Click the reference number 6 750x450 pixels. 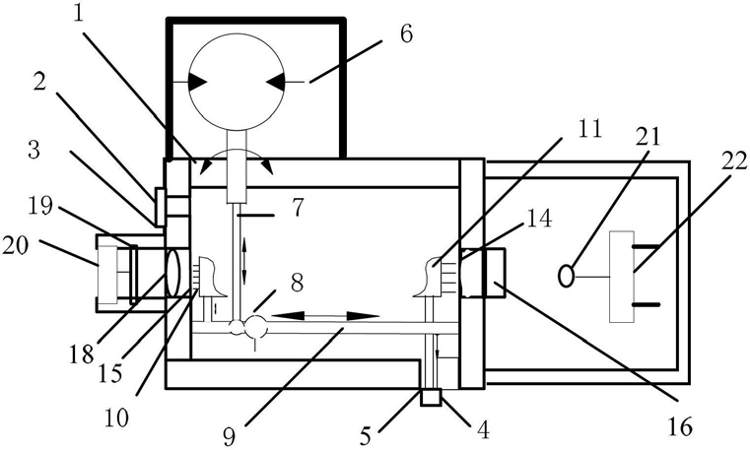pos(406,33)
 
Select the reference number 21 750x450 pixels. pos(648,138)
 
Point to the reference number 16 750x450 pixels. pos(679,426)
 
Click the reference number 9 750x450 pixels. pos(230,434)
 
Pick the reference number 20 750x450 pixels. pos(15,246)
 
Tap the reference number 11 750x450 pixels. pos(589,129)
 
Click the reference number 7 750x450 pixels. pos(298,209)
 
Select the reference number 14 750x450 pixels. pos(539,220)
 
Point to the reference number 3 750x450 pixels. pos(34,150)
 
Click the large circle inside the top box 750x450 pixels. pos(237,82)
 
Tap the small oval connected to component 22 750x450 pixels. pos(566,276)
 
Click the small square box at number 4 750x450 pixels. pos(431,398)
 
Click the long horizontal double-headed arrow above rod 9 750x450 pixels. pos(325,316)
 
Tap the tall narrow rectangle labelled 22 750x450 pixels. pos(622,277)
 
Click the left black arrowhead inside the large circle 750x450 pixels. pos(197,82)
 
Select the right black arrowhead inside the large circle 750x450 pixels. pos(276,82)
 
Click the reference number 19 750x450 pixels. pos(40,207)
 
